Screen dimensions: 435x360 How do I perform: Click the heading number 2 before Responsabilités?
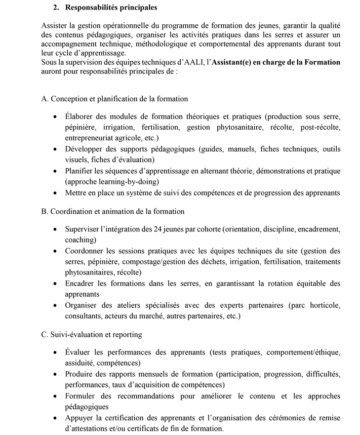(x=55, y=8)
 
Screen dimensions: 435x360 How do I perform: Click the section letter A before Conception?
(x=44, y=99)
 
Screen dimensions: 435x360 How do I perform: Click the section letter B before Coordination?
(x=44, y=211)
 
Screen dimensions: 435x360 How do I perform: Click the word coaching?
(x=80, y=240)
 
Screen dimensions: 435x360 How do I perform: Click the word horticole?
(x=324, y=305)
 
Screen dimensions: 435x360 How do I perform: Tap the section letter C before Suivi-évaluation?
(x=44, y=334)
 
